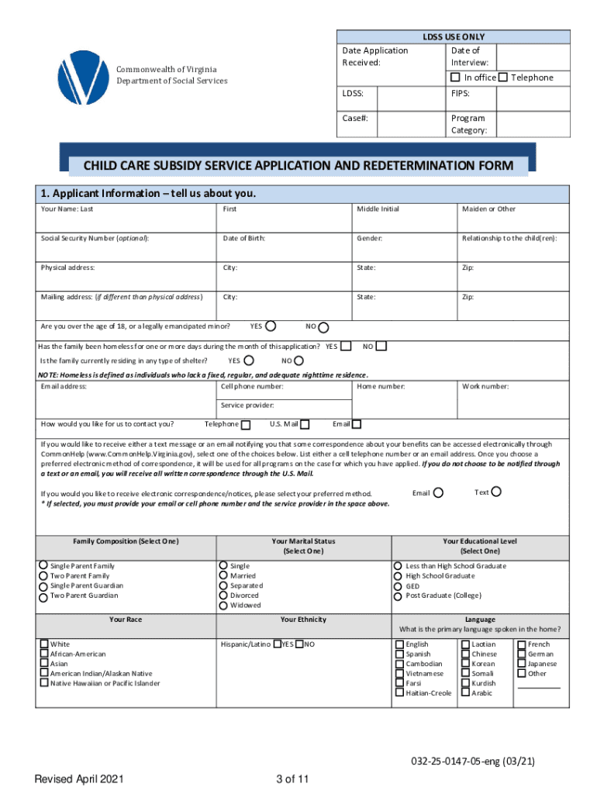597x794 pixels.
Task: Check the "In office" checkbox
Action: (456, 78)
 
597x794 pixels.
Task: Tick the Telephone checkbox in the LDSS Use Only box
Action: (502, 78)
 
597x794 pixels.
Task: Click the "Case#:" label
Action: (354, 119)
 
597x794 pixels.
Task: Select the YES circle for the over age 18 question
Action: (273, 326)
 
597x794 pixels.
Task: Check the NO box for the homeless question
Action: (381, 346)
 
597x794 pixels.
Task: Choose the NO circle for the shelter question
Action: (298, 361)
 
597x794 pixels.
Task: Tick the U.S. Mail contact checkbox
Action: (305, 424)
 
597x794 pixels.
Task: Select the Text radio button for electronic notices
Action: (496, 492)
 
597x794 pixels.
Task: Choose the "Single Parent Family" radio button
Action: (43, 565)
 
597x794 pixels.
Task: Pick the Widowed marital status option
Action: (223, 606)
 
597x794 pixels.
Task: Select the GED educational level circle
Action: (399, 586)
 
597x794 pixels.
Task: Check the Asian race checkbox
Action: (44, 664)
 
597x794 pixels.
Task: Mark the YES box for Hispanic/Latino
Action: (276, 644)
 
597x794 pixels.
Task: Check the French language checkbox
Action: (521, 644)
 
